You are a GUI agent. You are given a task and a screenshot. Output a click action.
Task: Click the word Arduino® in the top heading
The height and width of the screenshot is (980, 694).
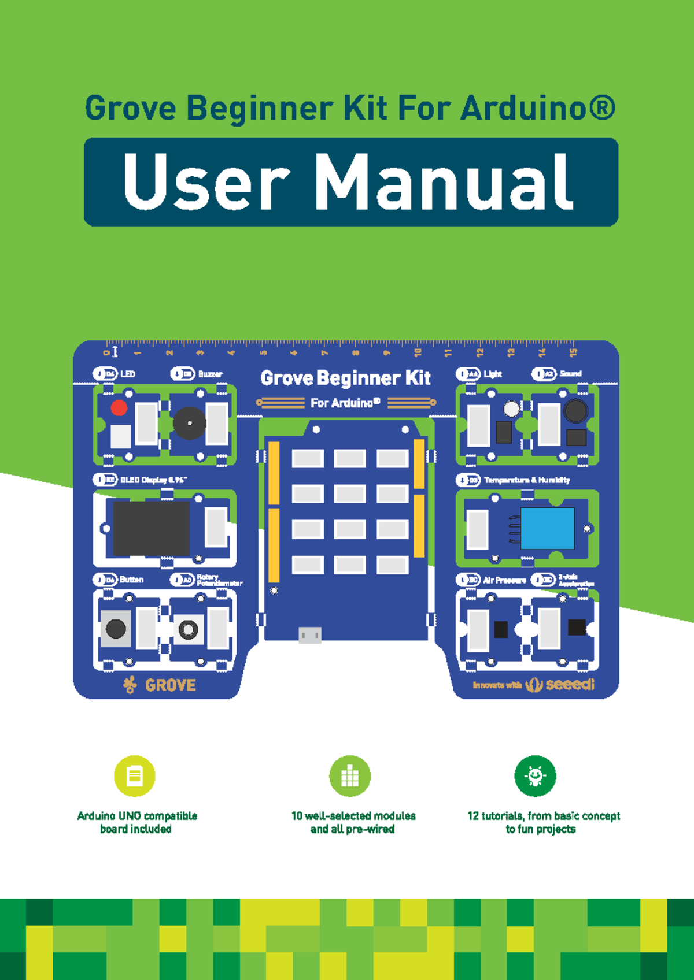pyautogui.click(x=538, y=109)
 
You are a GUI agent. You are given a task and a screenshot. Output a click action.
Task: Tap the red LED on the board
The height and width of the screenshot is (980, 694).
pyautogui.click(x=119, y=408)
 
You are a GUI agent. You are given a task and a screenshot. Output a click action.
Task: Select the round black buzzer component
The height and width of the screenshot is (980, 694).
pyautogui.click(x=189, y=423)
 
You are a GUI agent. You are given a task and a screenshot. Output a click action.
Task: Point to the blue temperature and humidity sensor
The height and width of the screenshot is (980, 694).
pyautogui.click(x=547, y=528)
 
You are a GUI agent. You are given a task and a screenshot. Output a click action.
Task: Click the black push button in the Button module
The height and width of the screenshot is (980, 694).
pyautogui.click(x=116, y=629)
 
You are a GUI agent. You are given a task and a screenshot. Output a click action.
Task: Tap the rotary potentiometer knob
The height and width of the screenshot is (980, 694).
pyautogui.click(x=189, y=629)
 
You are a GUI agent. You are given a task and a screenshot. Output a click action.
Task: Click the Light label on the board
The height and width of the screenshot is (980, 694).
pyautogui.click(x=493, y=374)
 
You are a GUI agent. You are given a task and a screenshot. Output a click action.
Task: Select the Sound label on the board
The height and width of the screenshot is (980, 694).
pyautogui.click(x=570, y=374)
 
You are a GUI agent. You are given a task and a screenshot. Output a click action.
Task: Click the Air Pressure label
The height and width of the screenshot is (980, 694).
pyautogui.click(x=504, y=580)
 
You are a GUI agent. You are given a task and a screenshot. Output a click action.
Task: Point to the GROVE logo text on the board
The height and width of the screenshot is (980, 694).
pyautogui.click(x=170, y=685)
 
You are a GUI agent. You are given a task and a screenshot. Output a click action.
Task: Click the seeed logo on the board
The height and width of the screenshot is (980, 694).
pyautogui.click(x=569, y=685)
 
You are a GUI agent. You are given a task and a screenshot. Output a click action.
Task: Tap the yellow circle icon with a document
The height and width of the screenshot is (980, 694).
pyautogui.click(x=135, y=776)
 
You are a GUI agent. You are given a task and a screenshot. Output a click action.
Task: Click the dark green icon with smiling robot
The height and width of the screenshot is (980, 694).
pyautogui.click(x=535, y=776)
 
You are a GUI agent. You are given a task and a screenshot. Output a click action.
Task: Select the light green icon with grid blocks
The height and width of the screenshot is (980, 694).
pyautogui.click(x=350, y=776)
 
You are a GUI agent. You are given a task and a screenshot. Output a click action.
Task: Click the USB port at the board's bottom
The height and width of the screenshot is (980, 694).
pyautogui.click(x=310, y=635)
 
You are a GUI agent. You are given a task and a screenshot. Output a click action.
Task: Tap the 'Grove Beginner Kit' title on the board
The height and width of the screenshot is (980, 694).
pyautogui.click(x=345, y=378)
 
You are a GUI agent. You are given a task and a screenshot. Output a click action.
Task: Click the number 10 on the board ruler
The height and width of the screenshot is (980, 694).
pyautogui.click(x=418, y=352)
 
